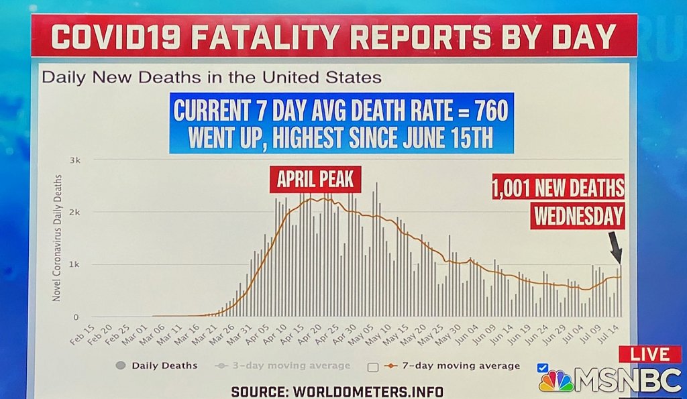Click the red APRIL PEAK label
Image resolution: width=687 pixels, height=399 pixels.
click(315, 180)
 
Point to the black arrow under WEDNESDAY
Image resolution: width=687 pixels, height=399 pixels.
click(615, 248)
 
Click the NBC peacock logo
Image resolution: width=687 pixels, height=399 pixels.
click(556, 381)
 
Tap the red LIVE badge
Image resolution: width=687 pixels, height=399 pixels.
click(649, 354)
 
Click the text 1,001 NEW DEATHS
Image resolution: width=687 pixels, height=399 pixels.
click(558, 188)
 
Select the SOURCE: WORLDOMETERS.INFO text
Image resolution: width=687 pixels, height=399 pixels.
click(337, 391)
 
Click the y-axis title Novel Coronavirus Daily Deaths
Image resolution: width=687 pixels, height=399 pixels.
click(58, 238)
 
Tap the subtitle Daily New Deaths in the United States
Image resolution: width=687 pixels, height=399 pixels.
click(211, 77)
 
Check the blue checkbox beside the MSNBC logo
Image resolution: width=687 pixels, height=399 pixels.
click(543, 367)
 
